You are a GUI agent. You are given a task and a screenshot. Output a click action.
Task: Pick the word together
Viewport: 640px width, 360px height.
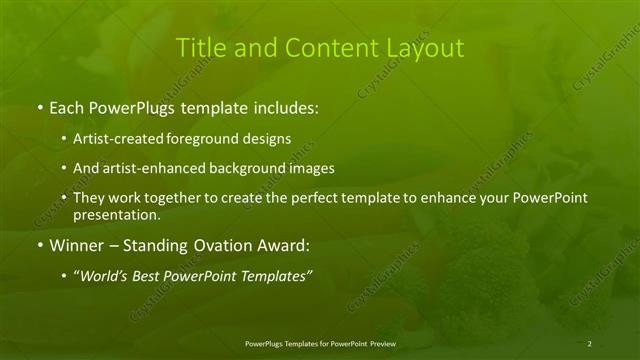pyautogui.click(x=184, y=198)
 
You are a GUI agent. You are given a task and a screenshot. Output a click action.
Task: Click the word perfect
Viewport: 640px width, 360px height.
pyautogui.click(x=313, y=198)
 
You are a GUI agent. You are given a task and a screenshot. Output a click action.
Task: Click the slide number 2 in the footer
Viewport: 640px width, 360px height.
pyautogui.click(x=590, y=344)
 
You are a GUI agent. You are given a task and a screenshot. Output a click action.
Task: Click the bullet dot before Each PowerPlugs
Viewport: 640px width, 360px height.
pyautogui.click(x=39, y=105)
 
